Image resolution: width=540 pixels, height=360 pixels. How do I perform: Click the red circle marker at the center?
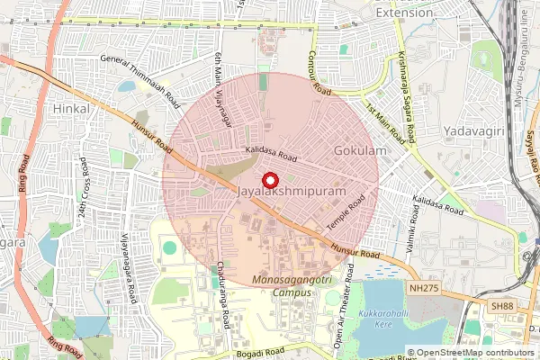270,180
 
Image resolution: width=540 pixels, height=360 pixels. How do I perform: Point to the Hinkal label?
72,108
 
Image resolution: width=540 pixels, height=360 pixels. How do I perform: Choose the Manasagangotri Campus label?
285,287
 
